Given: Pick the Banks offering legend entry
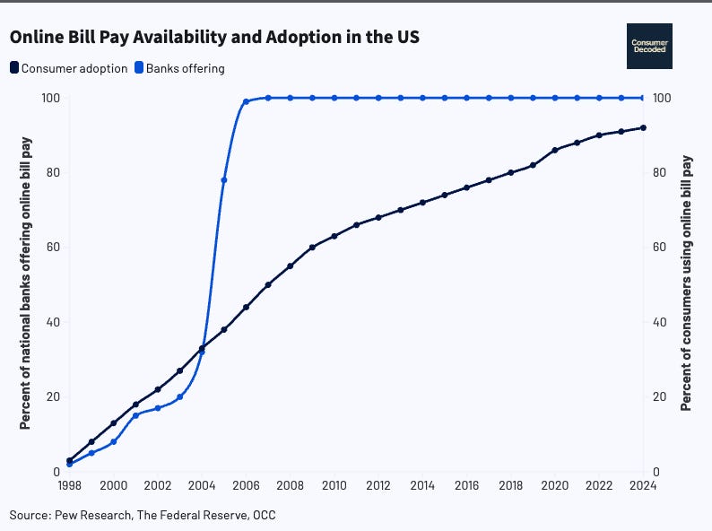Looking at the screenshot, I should pyautogui.click(x=179, y=68).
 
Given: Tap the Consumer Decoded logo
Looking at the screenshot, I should pyautogui.click(x=649, y=46).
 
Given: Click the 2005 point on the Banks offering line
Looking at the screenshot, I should pyautogui.click(x=224, y=180).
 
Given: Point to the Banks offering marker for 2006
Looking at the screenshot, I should pyautogui.click(x=246, y=102).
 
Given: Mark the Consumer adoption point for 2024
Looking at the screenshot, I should pyautogui.click(x=643, y=127).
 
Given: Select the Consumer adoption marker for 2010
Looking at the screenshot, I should pyautogui.click(x=334, y=236).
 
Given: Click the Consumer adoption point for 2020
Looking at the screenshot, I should pyautogui.click(x=555, y=150).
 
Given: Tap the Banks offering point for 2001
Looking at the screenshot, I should pyautogui.click(x=135, y=415).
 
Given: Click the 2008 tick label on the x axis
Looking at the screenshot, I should pyautogui.click(x=290, y=486).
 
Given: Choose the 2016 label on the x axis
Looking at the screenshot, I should pyautogui.click(x=466, y=486).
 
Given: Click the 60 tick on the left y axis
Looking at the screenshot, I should pyautogui.click(x=51, y=248).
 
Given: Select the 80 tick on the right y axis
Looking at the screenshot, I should pyautogui.click(x=661, y=172).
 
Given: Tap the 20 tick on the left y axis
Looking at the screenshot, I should pyautogui.click(x=51, y=397).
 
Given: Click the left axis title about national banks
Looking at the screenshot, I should pyautogui.click(x=25, y=283).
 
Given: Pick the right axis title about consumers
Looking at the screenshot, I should pyautogui.click(x=687, y=283).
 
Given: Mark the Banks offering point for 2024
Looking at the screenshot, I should pyautogui.click(x=643, y=98).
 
